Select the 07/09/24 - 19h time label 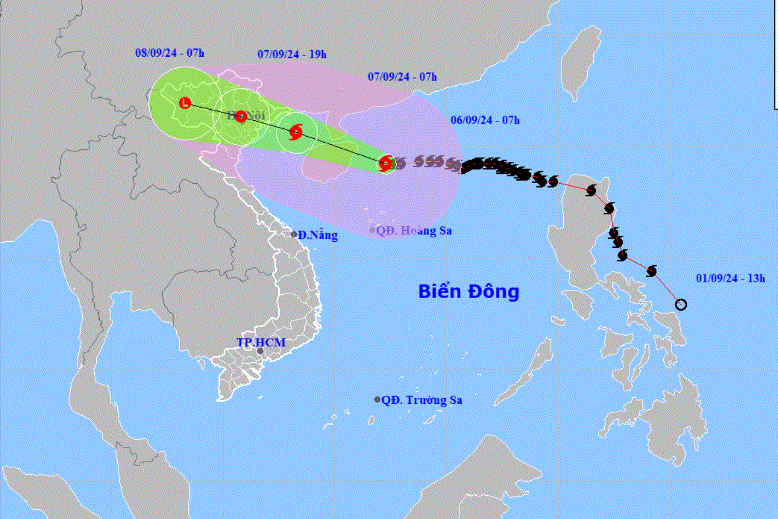point(292,54)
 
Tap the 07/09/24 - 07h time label point(402,77)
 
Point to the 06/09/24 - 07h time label point(486,119)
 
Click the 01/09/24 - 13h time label point(731,278)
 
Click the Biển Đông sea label point(468,291)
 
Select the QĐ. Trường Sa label point(421,400)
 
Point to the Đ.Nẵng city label point(318,235)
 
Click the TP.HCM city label point(261,342)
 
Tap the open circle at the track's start point(680,304)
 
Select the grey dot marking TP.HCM point(260,351)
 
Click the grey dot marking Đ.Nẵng point(294,234)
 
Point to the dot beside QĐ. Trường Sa point(377,400)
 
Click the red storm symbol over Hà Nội point(241,116)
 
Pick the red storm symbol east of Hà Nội point(295,133)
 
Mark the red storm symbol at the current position point(386,163)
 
